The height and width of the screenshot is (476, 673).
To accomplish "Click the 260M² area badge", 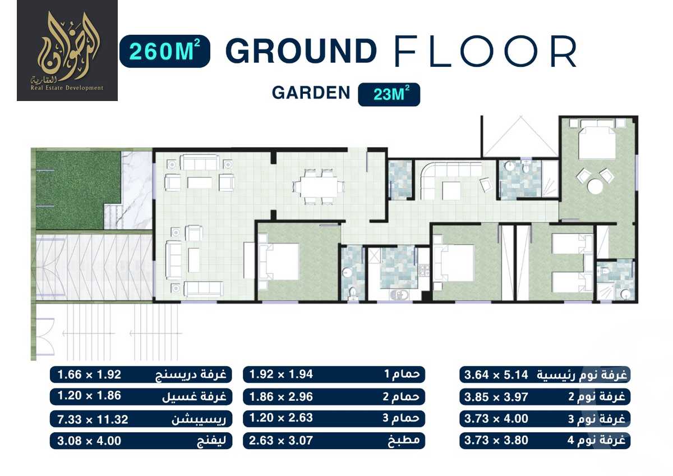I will [164, 52].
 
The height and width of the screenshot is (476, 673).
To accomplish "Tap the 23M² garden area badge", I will [389, 94].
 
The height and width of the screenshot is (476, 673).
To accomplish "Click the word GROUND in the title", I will [301, 52].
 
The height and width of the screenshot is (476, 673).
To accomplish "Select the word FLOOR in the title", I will [485, 52].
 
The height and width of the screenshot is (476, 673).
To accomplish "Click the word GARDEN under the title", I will [311, 93].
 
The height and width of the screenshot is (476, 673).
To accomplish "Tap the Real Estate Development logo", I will [67, 51].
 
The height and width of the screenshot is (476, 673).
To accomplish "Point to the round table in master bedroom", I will [594, 185].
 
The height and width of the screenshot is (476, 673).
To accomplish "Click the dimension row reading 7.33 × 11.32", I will [141, 419].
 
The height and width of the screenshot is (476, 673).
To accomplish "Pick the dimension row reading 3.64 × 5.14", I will [544, 375].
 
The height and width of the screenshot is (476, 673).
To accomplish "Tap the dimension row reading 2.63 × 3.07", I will [334, 441].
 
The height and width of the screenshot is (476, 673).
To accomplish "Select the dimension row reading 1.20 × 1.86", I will [141, 397].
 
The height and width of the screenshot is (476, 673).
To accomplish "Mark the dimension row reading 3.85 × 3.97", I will [544, 397].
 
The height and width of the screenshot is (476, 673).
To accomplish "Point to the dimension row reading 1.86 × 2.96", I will [334, 397].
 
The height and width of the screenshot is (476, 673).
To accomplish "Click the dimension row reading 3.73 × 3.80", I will [544, 441].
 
